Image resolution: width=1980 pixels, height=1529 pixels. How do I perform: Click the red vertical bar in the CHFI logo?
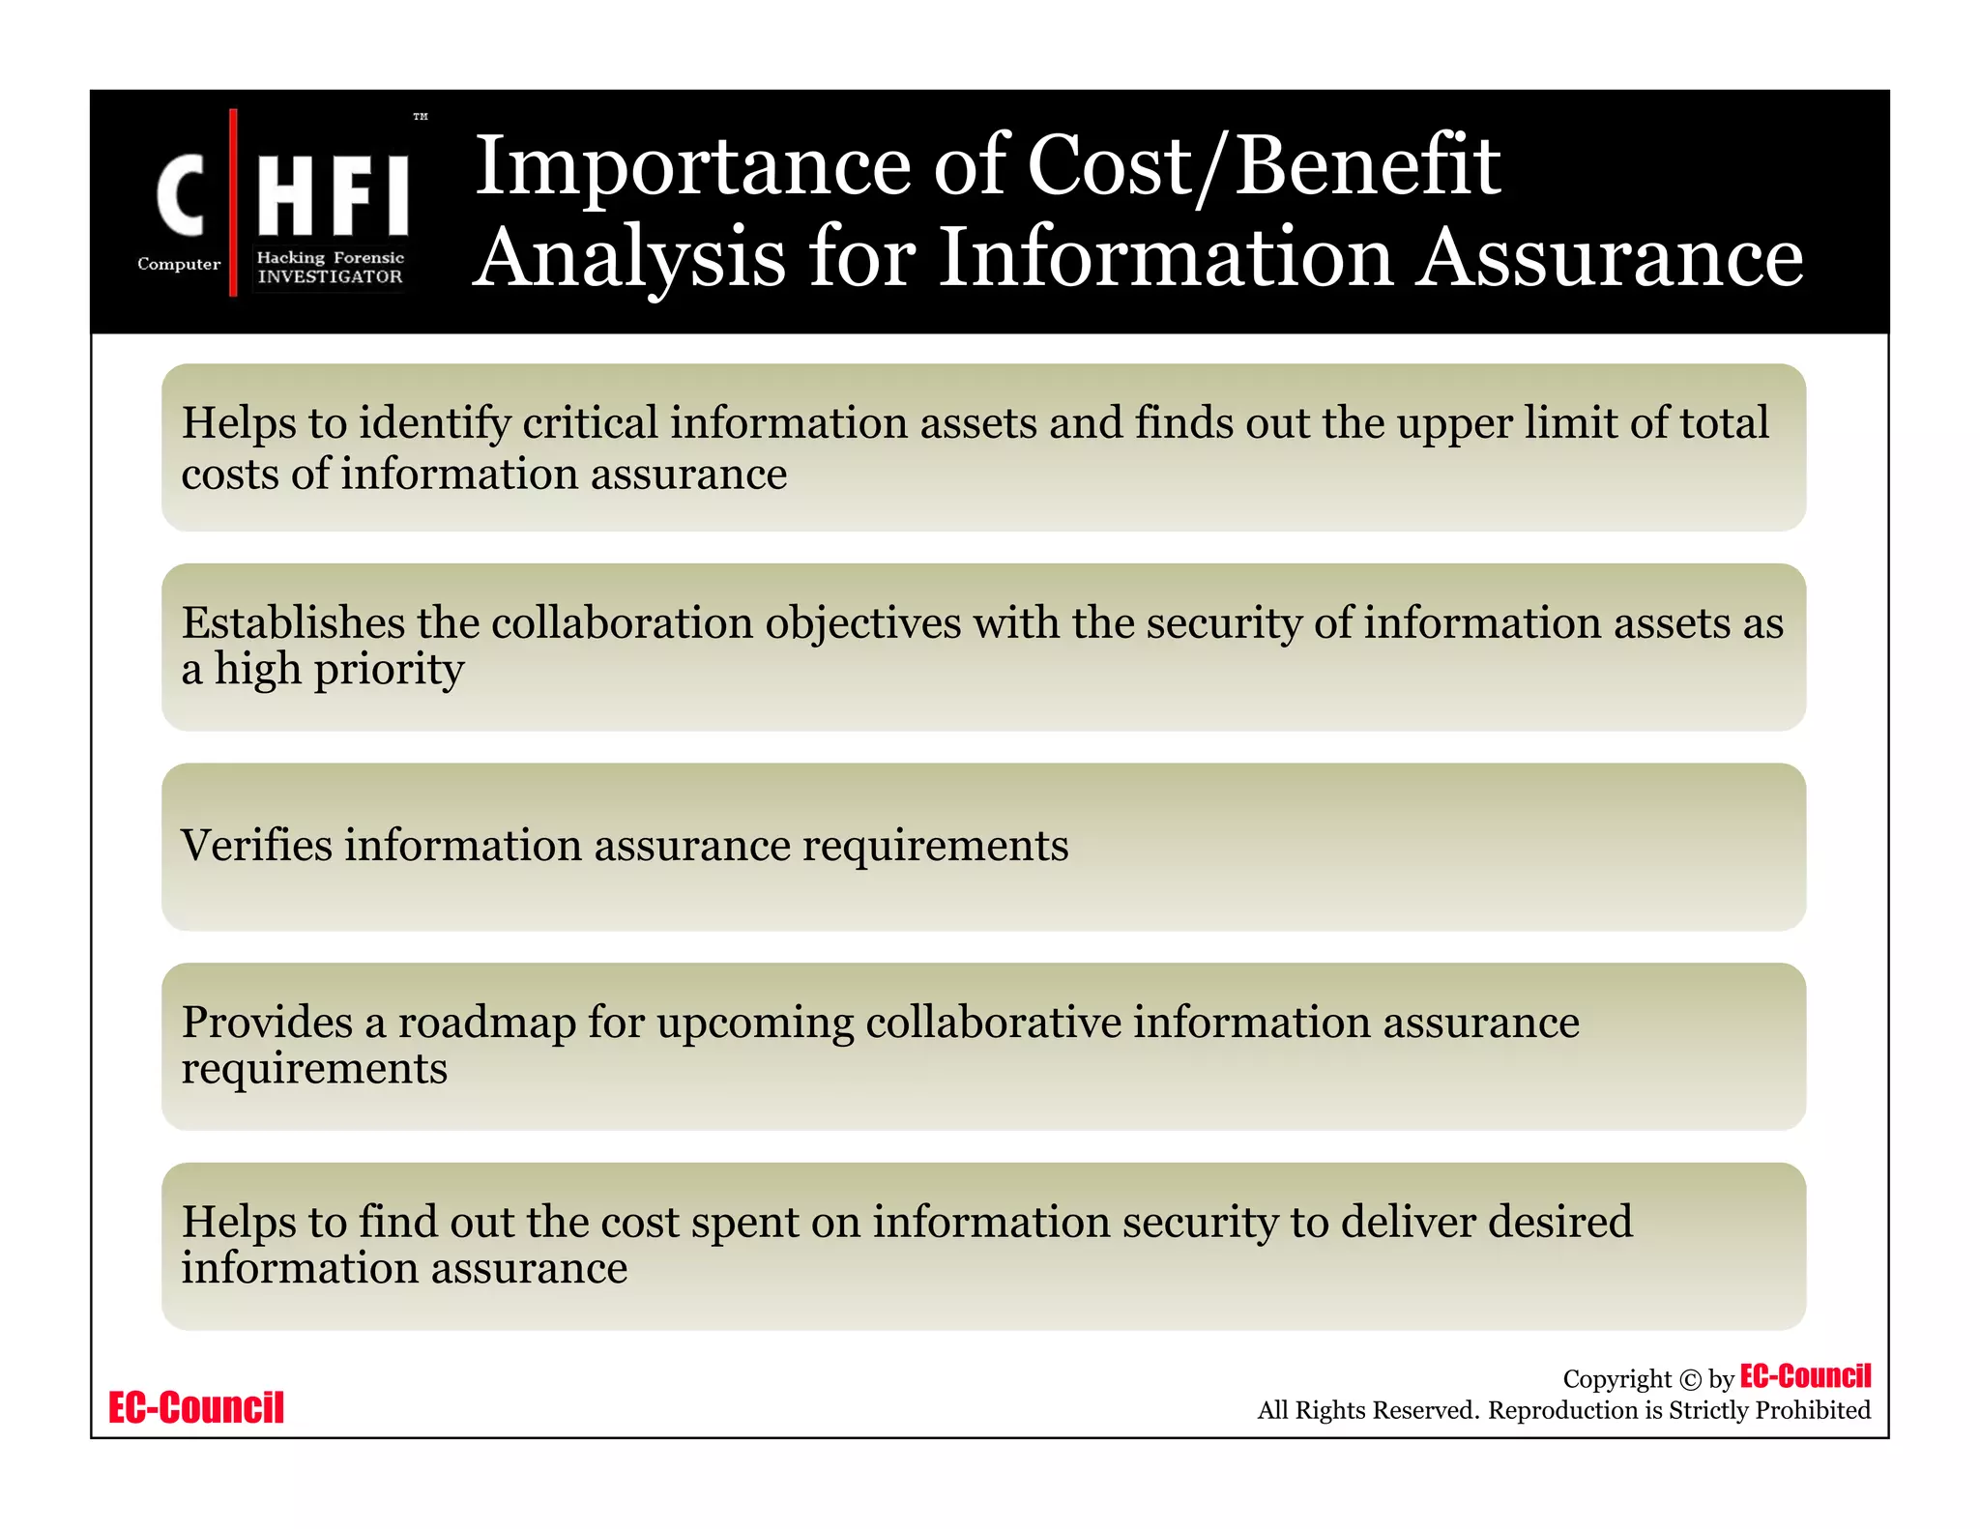[233, 202]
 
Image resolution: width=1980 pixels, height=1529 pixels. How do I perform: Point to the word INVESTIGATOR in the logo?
[330, 276]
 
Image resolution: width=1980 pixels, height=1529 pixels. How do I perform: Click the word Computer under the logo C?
[179, 264]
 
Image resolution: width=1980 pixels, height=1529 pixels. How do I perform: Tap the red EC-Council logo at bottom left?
[196, 1407]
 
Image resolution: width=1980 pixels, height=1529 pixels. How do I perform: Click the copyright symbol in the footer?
[1690, 1380]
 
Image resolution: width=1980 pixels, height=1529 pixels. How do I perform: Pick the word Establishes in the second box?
[293, 622]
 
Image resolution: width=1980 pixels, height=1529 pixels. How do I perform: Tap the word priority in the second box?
[402, 669]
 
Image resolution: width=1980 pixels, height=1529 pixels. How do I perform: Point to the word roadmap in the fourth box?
[487, 1023]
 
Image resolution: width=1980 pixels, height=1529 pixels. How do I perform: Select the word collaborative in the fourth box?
[993, 1023]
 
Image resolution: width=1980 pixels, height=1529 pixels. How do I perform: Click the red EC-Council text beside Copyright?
[1805, 1376]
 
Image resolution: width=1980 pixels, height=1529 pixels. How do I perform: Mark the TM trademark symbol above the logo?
[421, 117]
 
